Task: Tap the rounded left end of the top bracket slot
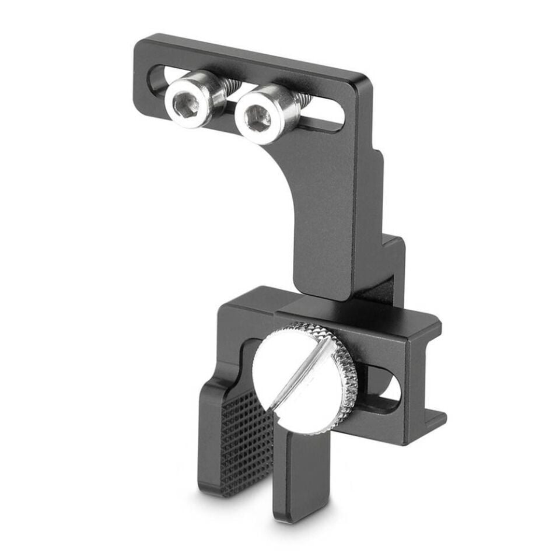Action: [156, 76]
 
